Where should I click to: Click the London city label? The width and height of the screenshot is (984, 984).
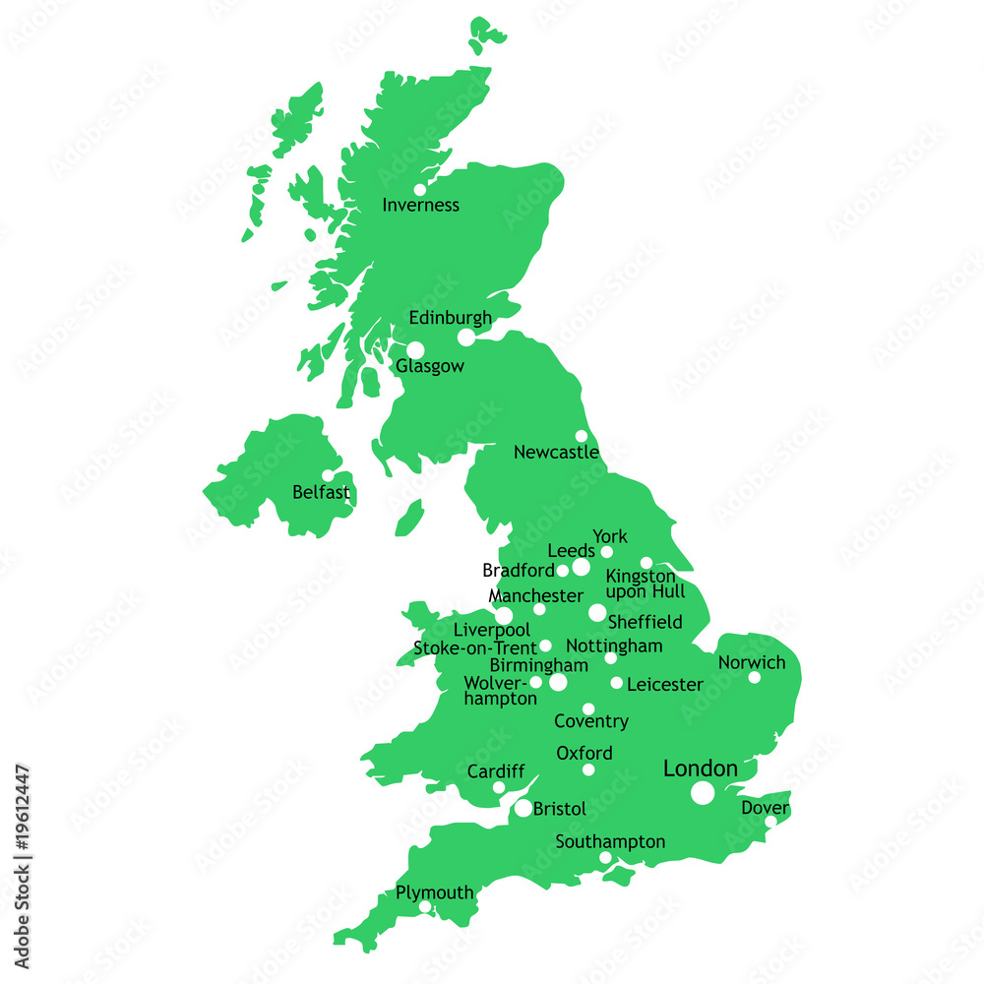point(701,769)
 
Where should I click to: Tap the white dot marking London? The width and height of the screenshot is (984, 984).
point(703,793)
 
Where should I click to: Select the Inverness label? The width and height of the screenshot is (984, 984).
point(420,206)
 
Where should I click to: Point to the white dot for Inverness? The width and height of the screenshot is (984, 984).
point(420,190)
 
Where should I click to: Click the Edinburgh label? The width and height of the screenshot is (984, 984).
point(450,318)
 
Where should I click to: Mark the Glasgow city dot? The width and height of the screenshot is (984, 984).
point(415,350)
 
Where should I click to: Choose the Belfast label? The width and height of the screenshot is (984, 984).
point(321,492)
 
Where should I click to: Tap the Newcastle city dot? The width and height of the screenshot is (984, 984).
point(582,436)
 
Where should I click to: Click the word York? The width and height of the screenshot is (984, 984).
point(610,536)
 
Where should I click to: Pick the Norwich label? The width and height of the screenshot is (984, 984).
point(752,662)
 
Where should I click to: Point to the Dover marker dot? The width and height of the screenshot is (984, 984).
point(770,821)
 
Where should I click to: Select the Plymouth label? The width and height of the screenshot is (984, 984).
point(434,892)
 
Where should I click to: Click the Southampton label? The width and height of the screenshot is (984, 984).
point(610,842)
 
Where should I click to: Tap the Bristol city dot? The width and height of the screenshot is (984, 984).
point(523,808)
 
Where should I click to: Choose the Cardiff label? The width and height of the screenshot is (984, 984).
point(496,771)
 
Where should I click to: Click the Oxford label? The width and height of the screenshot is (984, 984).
point(584,754)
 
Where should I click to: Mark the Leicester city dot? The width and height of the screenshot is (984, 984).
point(617,683)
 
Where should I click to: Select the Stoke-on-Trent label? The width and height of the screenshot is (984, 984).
point(475,648)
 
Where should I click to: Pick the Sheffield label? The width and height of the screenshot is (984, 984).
point(646,622)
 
